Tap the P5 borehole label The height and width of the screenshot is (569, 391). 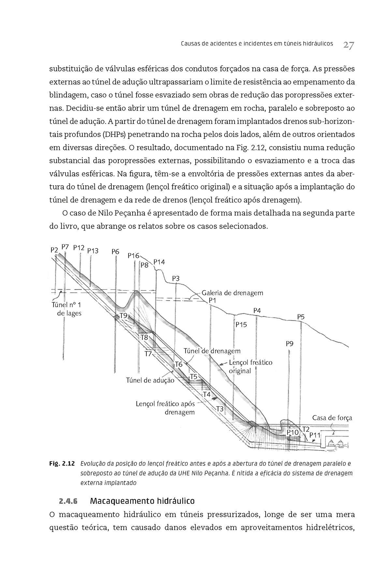pyautogui.click(x=301, y=317)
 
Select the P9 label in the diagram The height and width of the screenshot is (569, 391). pyautogui.click(x=289, y=343)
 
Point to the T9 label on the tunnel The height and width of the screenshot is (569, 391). pyautogui.click(x=124, y=315)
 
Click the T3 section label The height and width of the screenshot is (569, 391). pyautogui.click(x=220, y=409)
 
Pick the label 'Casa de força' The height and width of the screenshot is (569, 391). pyautogui.click(x=332, y=418)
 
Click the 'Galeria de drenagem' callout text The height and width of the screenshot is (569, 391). pyautogui.click(x=232, y=293)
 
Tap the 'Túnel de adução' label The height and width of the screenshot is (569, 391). pyautogui.click(x=150, y=380)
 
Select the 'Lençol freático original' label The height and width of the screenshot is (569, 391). pyautogui.click(x=250, y=367)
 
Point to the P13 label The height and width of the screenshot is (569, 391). pyautogui.click(x=93, y=251)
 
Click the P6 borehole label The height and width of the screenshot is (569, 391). pyautogui.click(x=115, y=251)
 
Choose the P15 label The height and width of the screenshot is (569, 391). pyautogui.click(x=241, y=325)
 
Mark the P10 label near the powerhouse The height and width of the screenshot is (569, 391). pyautogui.click(x=293, y=432)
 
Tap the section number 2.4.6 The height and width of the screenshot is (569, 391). pyautogui.click(x=69, y=501)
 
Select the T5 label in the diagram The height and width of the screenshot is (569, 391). pyautogui.click(x=194, y=377)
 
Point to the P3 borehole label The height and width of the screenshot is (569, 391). pyautogui.click(x=176, y=278)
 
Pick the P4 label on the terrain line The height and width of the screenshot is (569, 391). pyautogui.click(x=257, y=311)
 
